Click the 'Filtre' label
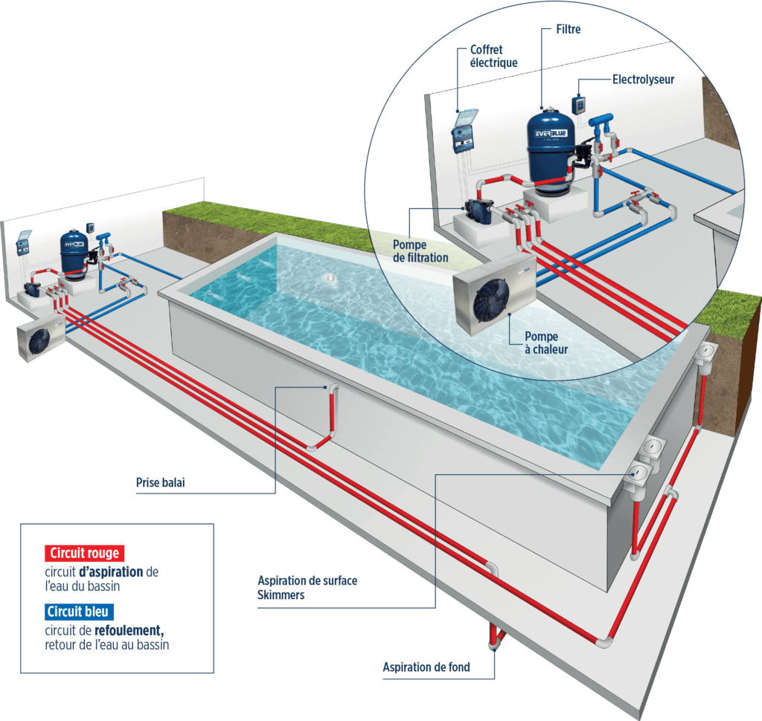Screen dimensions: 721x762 pyautogui.click(x=568, y=30)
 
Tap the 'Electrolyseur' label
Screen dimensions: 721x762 pyautogui.click(x=643, y=79)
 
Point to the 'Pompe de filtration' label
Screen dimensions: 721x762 pyautogui.click(x=420, y=250)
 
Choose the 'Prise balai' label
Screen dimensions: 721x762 pyautogui.click(x=160, y=483)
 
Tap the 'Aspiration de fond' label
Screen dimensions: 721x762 pyautogui.click(x=426, y=667)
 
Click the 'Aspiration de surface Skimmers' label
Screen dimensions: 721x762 pyautogui.click(x=307, y=587)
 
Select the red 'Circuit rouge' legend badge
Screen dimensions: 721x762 pyautogui.click(x=83, y=553)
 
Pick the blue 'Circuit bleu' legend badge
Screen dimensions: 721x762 pyautogui.click(x=78, y=612)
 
